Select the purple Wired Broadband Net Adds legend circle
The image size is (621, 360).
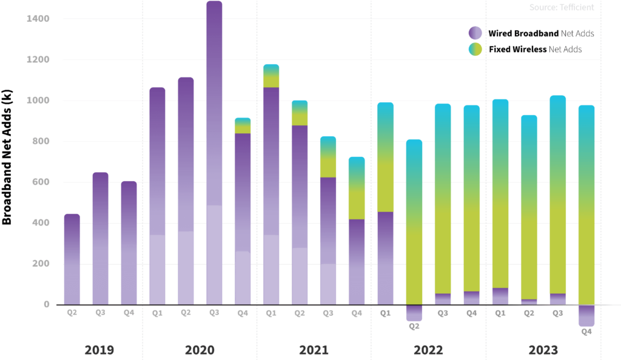tap(475, 33)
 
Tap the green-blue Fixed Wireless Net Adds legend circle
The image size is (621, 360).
tap(475, 49)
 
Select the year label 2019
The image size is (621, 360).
tap(99, 350)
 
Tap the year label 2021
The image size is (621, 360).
tap(314, 350)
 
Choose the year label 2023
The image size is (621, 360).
tap(543, 350)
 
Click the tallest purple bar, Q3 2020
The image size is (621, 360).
tap(214, 152)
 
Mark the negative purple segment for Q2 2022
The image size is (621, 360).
tap(414, 312)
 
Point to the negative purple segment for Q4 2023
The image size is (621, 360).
tap(586, 315)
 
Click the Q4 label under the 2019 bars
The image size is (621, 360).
tap(129, 313)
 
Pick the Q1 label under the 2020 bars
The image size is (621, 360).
tap(157, 313)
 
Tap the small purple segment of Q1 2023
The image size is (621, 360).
tap(500, 296)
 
